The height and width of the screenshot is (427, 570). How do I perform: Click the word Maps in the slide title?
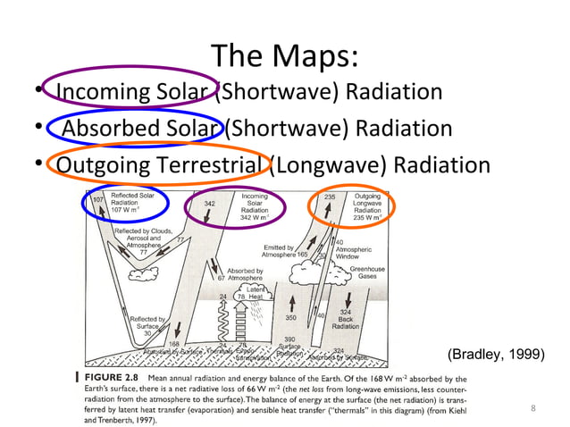pyautogui.click(x=317, y=57)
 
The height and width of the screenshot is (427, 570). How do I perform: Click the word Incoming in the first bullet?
pyautogui.click(x=98, y=93)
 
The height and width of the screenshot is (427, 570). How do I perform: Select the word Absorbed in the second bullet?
pyautogui.click(x=111, y=130)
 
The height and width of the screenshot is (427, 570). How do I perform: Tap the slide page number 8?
pyautogui.click(x=532, y=409)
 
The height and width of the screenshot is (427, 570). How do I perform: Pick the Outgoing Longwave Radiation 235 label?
pyautogui.click(x=367, y=206)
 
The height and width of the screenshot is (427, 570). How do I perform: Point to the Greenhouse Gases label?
pyautogui.click(x=367, y=272)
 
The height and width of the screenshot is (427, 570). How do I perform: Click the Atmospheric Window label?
pyautogui.click(x=357, y=251)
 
